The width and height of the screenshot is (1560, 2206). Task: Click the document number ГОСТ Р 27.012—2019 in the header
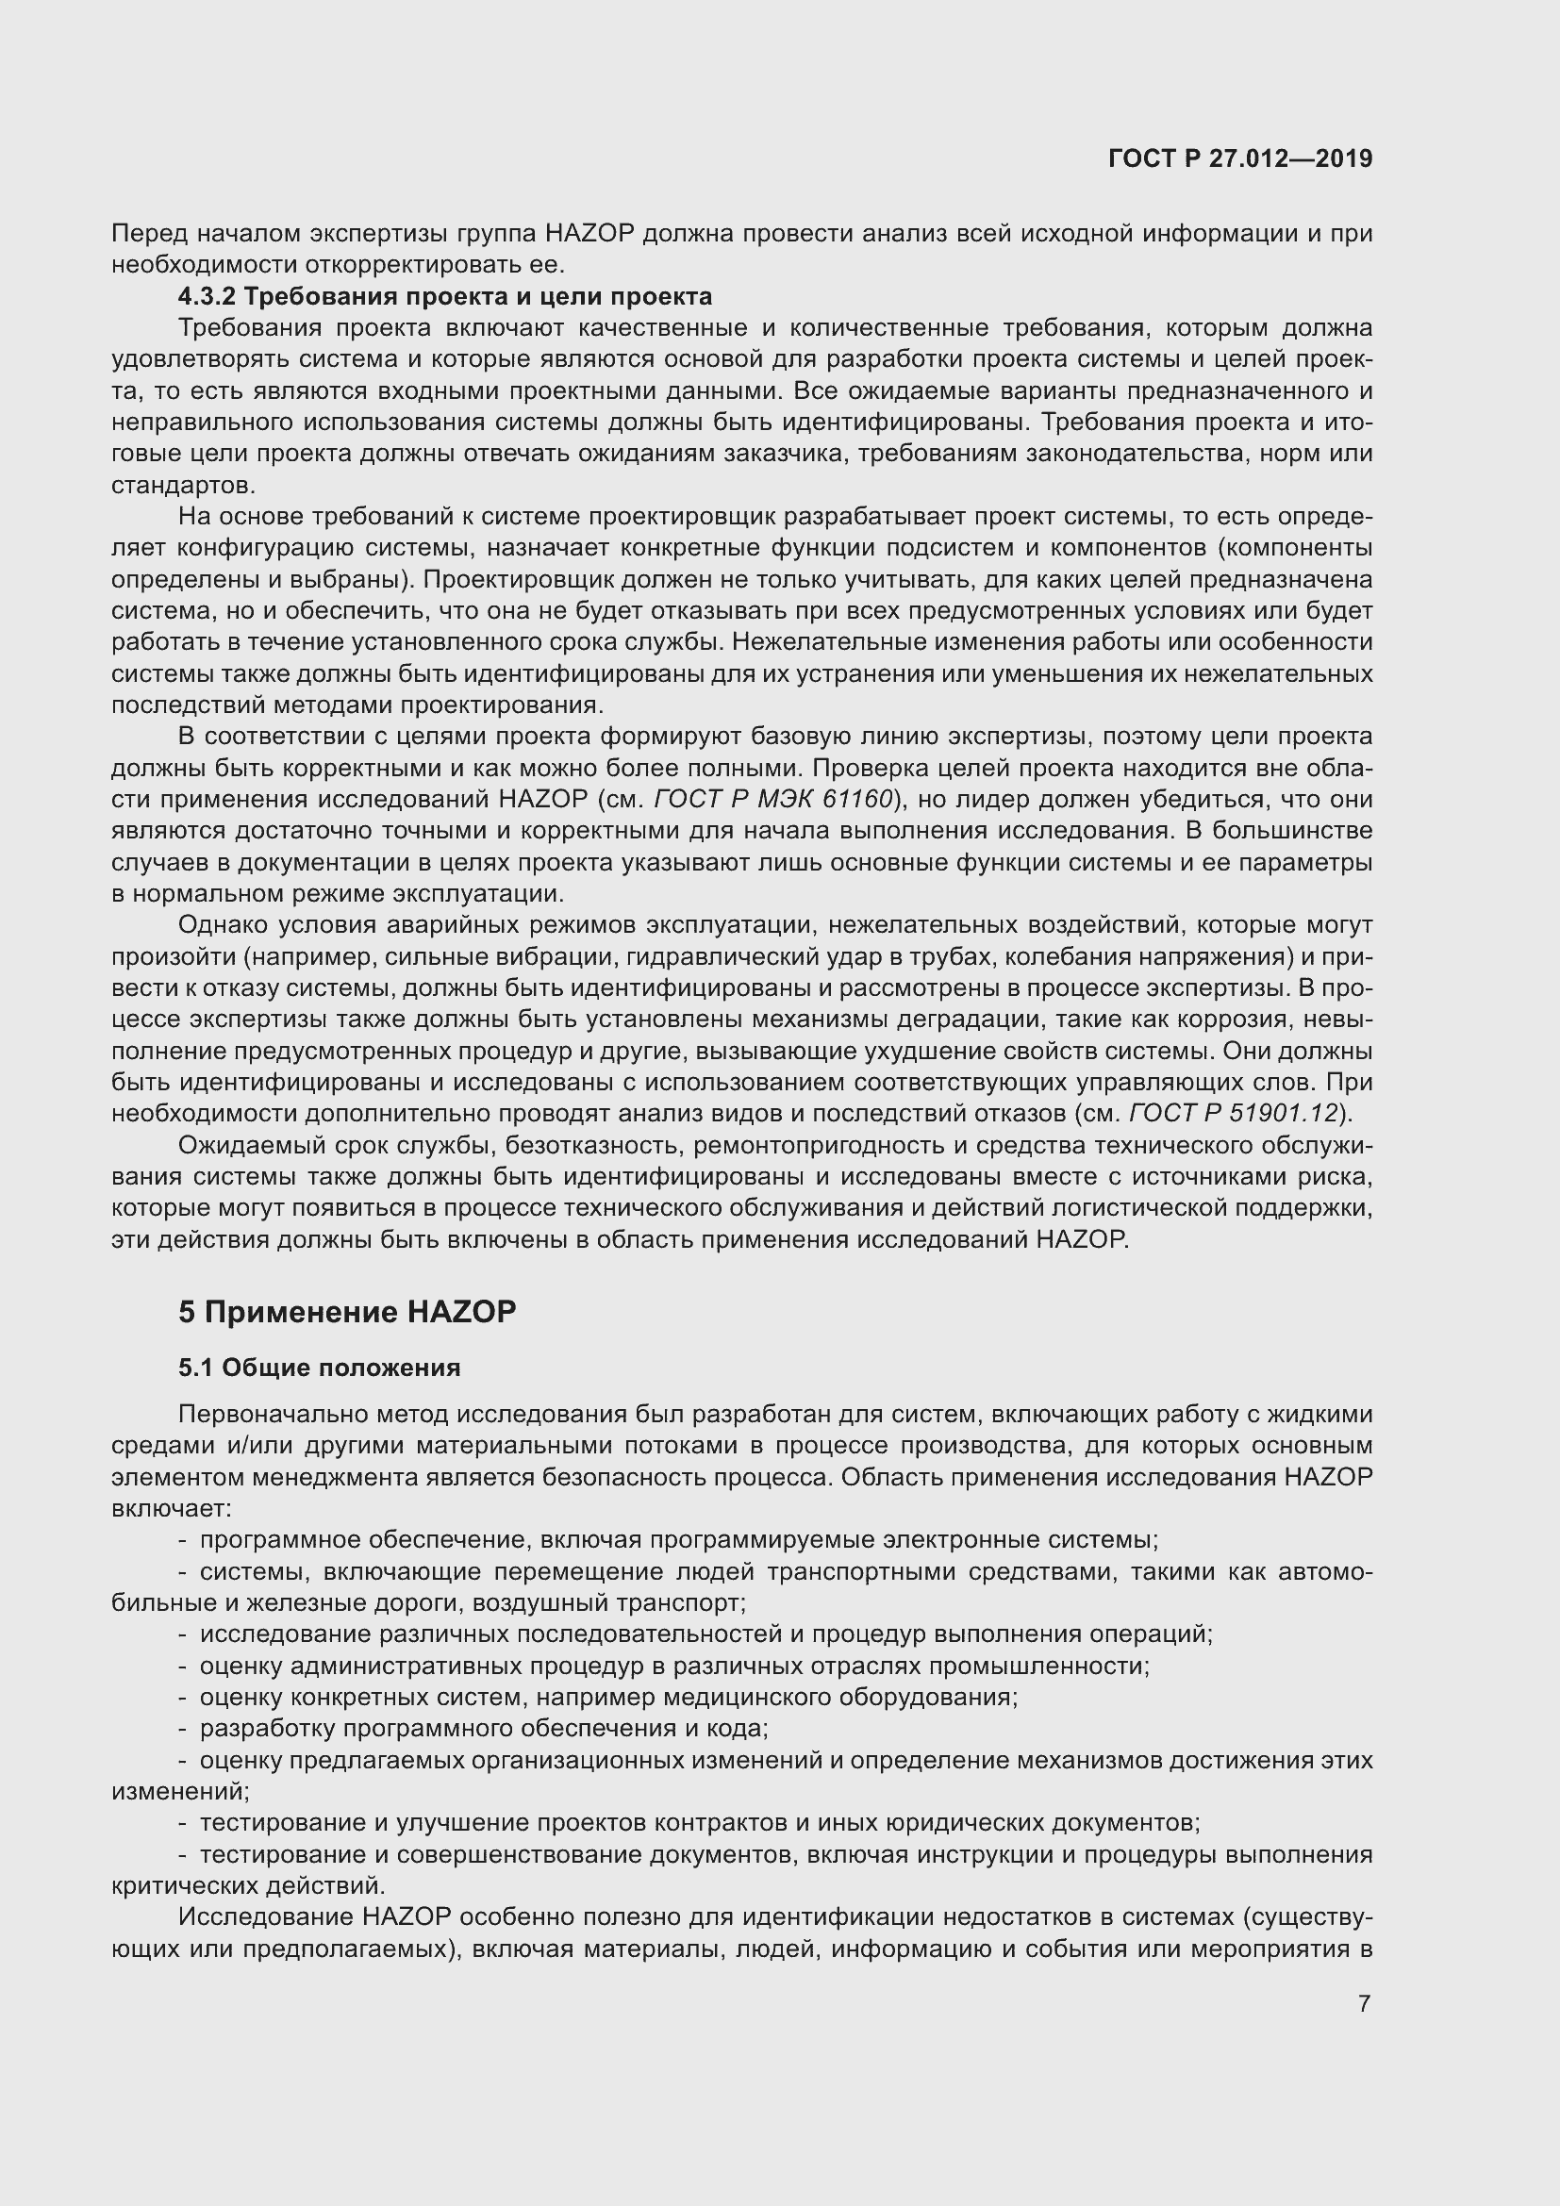[1240, 158]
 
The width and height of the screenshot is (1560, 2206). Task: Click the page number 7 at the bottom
[1364, 2003]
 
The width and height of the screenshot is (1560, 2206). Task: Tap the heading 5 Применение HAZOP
[347, 1312]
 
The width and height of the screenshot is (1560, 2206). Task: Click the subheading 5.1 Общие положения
[319, 1368]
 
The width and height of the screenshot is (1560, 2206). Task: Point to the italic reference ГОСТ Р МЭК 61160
[774, 800]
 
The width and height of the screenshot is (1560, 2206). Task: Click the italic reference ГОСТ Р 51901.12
[1234, 1114]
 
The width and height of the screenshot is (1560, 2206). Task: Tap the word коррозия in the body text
[1242, 1020]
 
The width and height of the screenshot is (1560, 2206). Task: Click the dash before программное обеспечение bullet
[183, 1540]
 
